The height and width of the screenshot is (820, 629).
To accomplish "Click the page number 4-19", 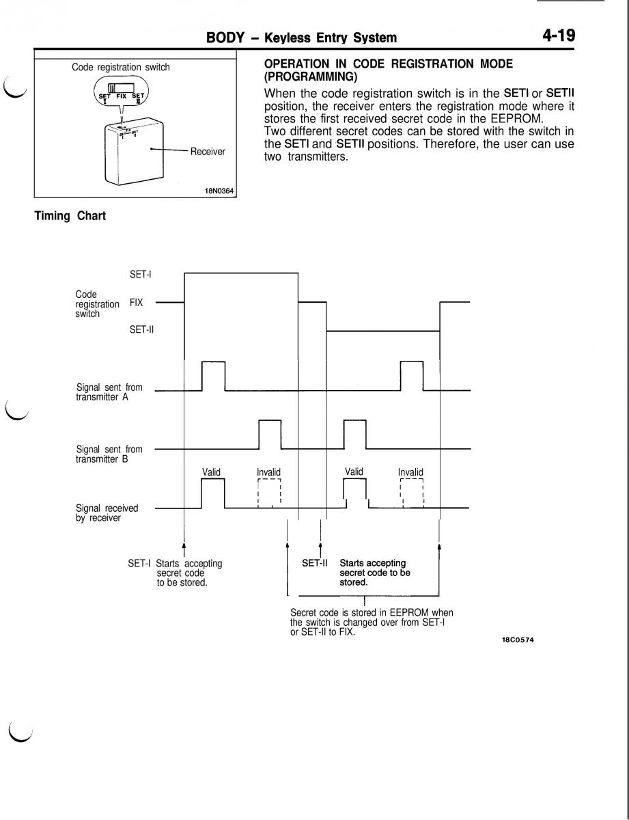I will coord(558,35).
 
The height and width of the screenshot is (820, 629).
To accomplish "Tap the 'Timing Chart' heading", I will coord(70,217).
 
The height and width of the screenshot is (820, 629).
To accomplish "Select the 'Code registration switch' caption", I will coord(121,67).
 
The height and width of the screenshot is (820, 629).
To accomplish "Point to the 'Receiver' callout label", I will coord(208,151).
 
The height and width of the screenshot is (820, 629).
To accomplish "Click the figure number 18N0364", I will coord(220,191).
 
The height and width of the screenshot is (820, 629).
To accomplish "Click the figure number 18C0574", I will coord(517,642).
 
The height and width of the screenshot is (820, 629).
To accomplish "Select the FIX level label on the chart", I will coord(137,302).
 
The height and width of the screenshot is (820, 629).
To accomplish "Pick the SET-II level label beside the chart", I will coord(142,329).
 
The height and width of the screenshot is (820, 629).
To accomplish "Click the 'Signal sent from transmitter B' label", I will coord(109,454).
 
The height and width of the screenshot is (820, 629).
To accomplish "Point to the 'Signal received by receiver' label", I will coord(107,512).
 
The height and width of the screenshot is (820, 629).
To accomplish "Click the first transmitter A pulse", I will coord(214,375).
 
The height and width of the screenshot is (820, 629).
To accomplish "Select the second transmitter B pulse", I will coord(355,435).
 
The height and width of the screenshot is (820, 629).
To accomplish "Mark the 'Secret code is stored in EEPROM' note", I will coord(372,621).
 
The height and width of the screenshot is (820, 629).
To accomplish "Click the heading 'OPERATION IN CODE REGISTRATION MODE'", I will coord(388,63).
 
